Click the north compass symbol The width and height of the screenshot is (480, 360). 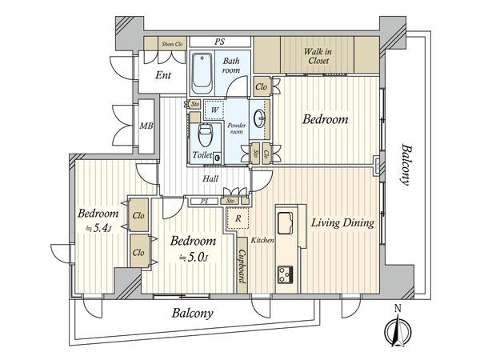pos(398,330)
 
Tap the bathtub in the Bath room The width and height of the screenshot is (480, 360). pos(202,74)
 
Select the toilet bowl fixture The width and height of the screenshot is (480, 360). pos(205,135)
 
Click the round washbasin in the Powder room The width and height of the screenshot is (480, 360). pos(260,118)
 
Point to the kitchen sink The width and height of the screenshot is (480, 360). pos(285,223)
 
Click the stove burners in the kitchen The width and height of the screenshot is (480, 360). pos(286,274)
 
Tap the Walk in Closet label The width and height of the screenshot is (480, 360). pos(318,56)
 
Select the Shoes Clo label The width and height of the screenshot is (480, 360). pos(172,44)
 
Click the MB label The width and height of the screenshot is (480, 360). pos(146,126)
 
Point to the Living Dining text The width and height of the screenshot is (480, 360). pos(342,222)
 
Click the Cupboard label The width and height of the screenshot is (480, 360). pos(242,266)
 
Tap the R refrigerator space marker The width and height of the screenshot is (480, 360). pos(238,218)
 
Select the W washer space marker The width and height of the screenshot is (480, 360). pos(214,110)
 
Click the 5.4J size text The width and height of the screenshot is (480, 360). pos(98,228)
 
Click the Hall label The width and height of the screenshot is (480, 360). pos(210,178)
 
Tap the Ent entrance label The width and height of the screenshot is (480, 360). pos(163,75)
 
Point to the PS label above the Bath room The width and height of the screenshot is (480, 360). pos(219,42)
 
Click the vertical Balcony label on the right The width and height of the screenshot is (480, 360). pos(405,165)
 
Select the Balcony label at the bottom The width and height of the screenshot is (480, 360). pos(192,313)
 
